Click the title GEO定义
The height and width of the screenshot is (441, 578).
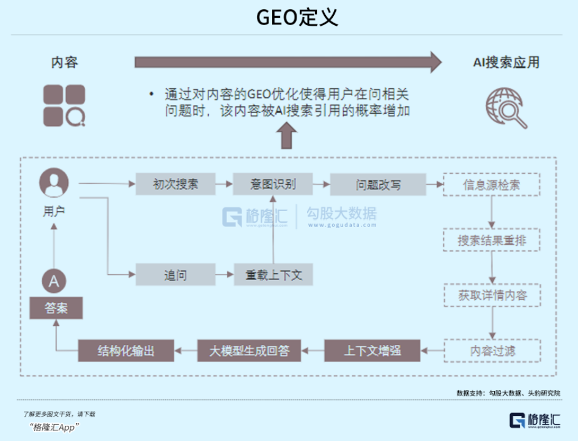pyautogui.click(x=289, y=17)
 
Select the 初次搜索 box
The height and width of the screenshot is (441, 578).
pyautogui.click(x=175, y=183)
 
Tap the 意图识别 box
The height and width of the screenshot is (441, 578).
pyautogui.click(x=272, y=183)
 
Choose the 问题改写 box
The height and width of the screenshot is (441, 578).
pyautogui.click(x=370, y=183)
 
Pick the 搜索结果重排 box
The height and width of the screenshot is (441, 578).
pyautogui.click(x=492, y=240)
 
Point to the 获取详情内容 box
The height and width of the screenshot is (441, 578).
pyautogui.click(x=492, y=295)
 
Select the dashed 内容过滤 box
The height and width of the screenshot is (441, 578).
pyautogui.click(x=492, y=350)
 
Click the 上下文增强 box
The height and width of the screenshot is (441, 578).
pyautogui.click(x=372, y=350)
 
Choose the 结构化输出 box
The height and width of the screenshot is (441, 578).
pyautogui.click(x=126, y=350)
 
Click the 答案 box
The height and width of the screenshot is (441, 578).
pyautogui.click(x=56, y=308)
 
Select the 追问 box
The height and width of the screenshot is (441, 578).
pyautogui.click(x=175, y=275)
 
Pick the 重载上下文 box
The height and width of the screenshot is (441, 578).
pyautogui.click(x=272, y=275)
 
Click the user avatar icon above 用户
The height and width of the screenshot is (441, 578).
pyautogui.click(x=54, y=183)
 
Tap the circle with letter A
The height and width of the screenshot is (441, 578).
pyautogui.click(x=54, y=281)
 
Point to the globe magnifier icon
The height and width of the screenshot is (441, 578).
pyautogui.click(x=506, y=108)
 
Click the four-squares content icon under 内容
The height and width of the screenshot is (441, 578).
pyautogui.click(x=64, y=105)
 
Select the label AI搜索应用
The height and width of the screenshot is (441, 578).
pyautogui.click(x=506, y=62)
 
